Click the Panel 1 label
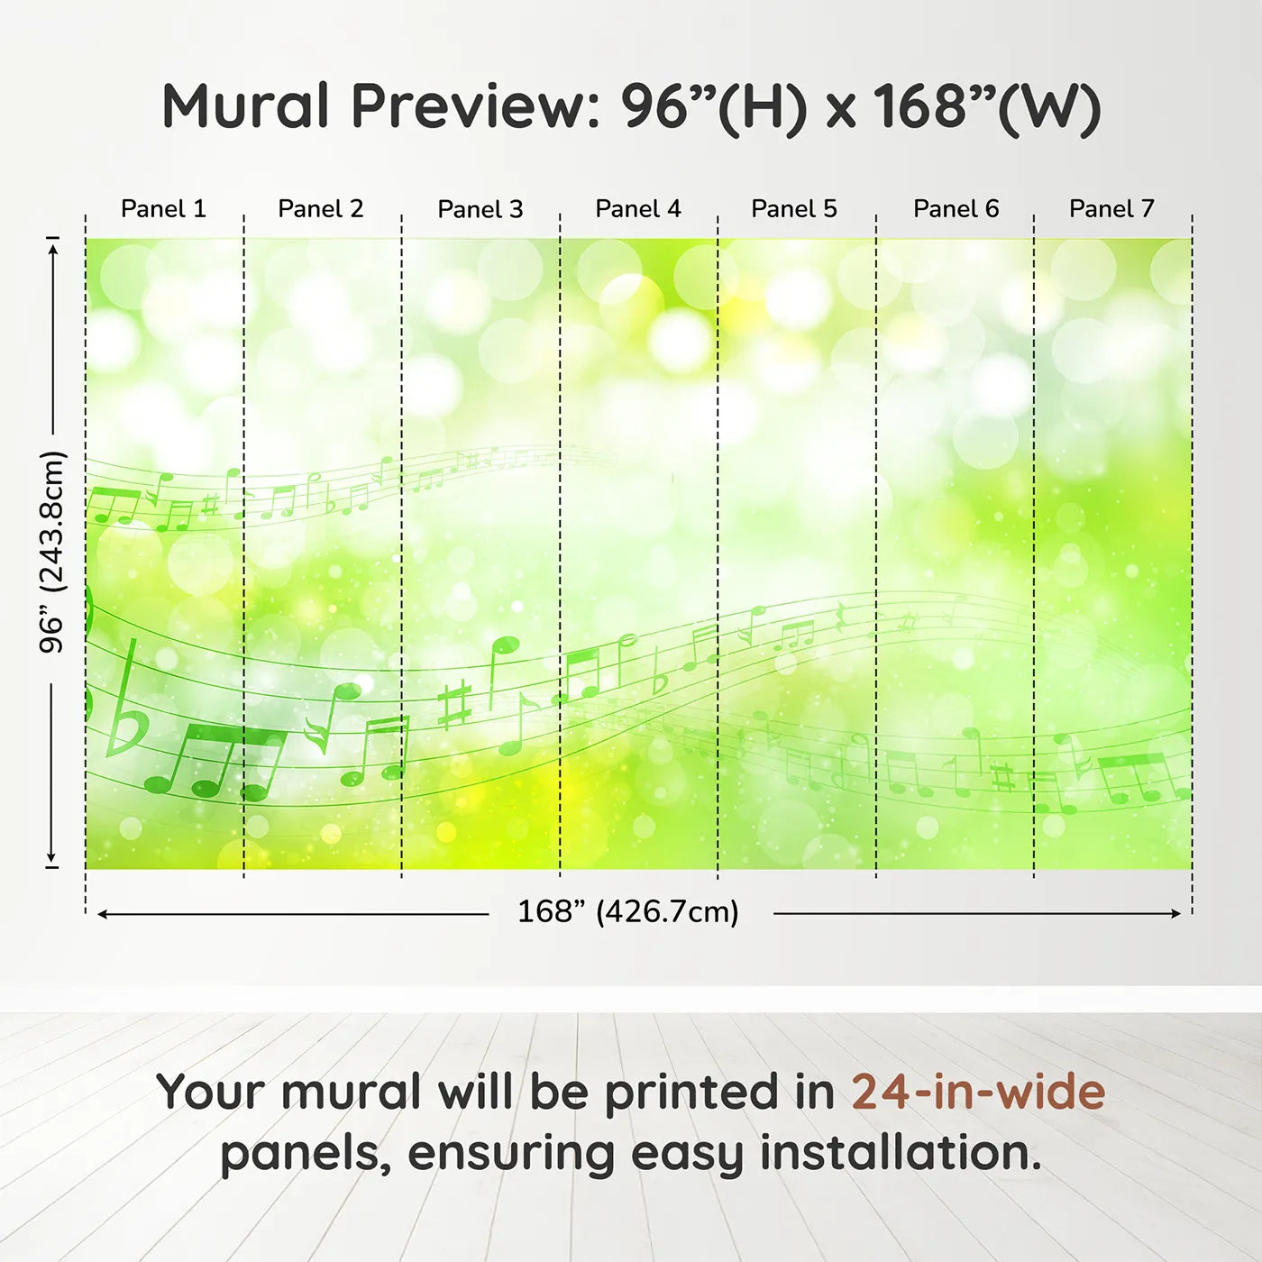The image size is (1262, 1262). pyautogui.click(x=163, y=209)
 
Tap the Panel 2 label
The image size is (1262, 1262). pyautogui.click(x=320, y=209)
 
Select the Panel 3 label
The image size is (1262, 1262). pyautogui.click(x=480, y=209)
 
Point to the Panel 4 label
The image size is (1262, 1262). pyautogui.click(x=638, y=209)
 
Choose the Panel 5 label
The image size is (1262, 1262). pyautogui.click(x=794, y=209)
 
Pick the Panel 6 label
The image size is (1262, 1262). pyautogui.click(x=956, y=209)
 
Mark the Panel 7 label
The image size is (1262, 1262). pyautogui.click(x=1111, y=209)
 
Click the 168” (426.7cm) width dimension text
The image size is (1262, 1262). pyautogui.click(x=628, y=911)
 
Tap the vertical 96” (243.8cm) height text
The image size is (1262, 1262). pyautogui.click(x=51, y=552)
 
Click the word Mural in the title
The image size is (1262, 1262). pyautogui.click(x=245, y=106)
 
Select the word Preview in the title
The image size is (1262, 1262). pyautogui.click(x=476, y=106)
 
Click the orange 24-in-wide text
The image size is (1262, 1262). pyautogui.click(x=978, y=1092)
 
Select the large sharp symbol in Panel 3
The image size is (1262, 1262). pyautogui.click(x=455, y=705)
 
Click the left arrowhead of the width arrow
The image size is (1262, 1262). pyautogui.click(x=102, y=913)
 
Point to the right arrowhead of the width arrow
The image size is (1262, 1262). pyautogui.click(x=1175, y=913)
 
